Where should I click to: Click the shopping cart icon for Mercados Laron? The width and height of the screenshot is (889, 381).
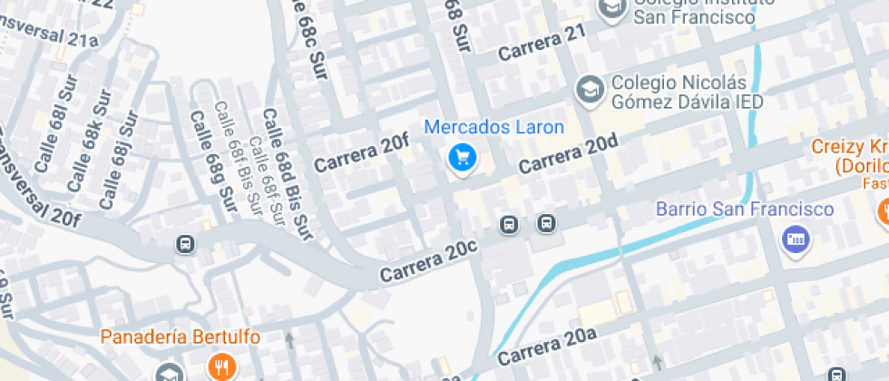(x=463, y=158)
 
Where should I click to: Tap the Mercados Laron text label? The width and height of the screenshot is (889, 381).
(x=494, y=127)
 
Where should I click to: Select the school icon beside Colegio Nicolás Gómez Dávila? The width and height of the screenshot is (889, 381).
(x=591, y=90)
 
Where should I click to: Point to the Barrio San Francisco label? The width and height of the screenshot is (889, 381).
(x=745, y=210)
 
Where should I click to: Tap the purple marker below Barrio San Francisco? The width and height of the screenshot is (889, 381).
(x=796, y=239)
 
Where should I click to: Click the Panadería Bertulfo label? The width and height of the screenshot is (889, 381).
(x=181, y=337)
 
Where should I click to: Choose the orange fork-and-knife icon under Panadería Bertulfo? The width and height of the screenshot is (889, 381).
(x=220, y=366)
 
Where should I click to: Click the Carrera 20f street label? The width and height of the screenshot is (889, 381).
(x=361, y=153)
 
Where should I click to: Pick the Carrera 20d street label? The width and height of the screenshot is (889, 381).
(x=568, y=154)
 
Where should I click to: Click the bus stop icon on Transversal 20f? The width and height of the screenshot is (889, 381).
(x=185, y=244)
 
